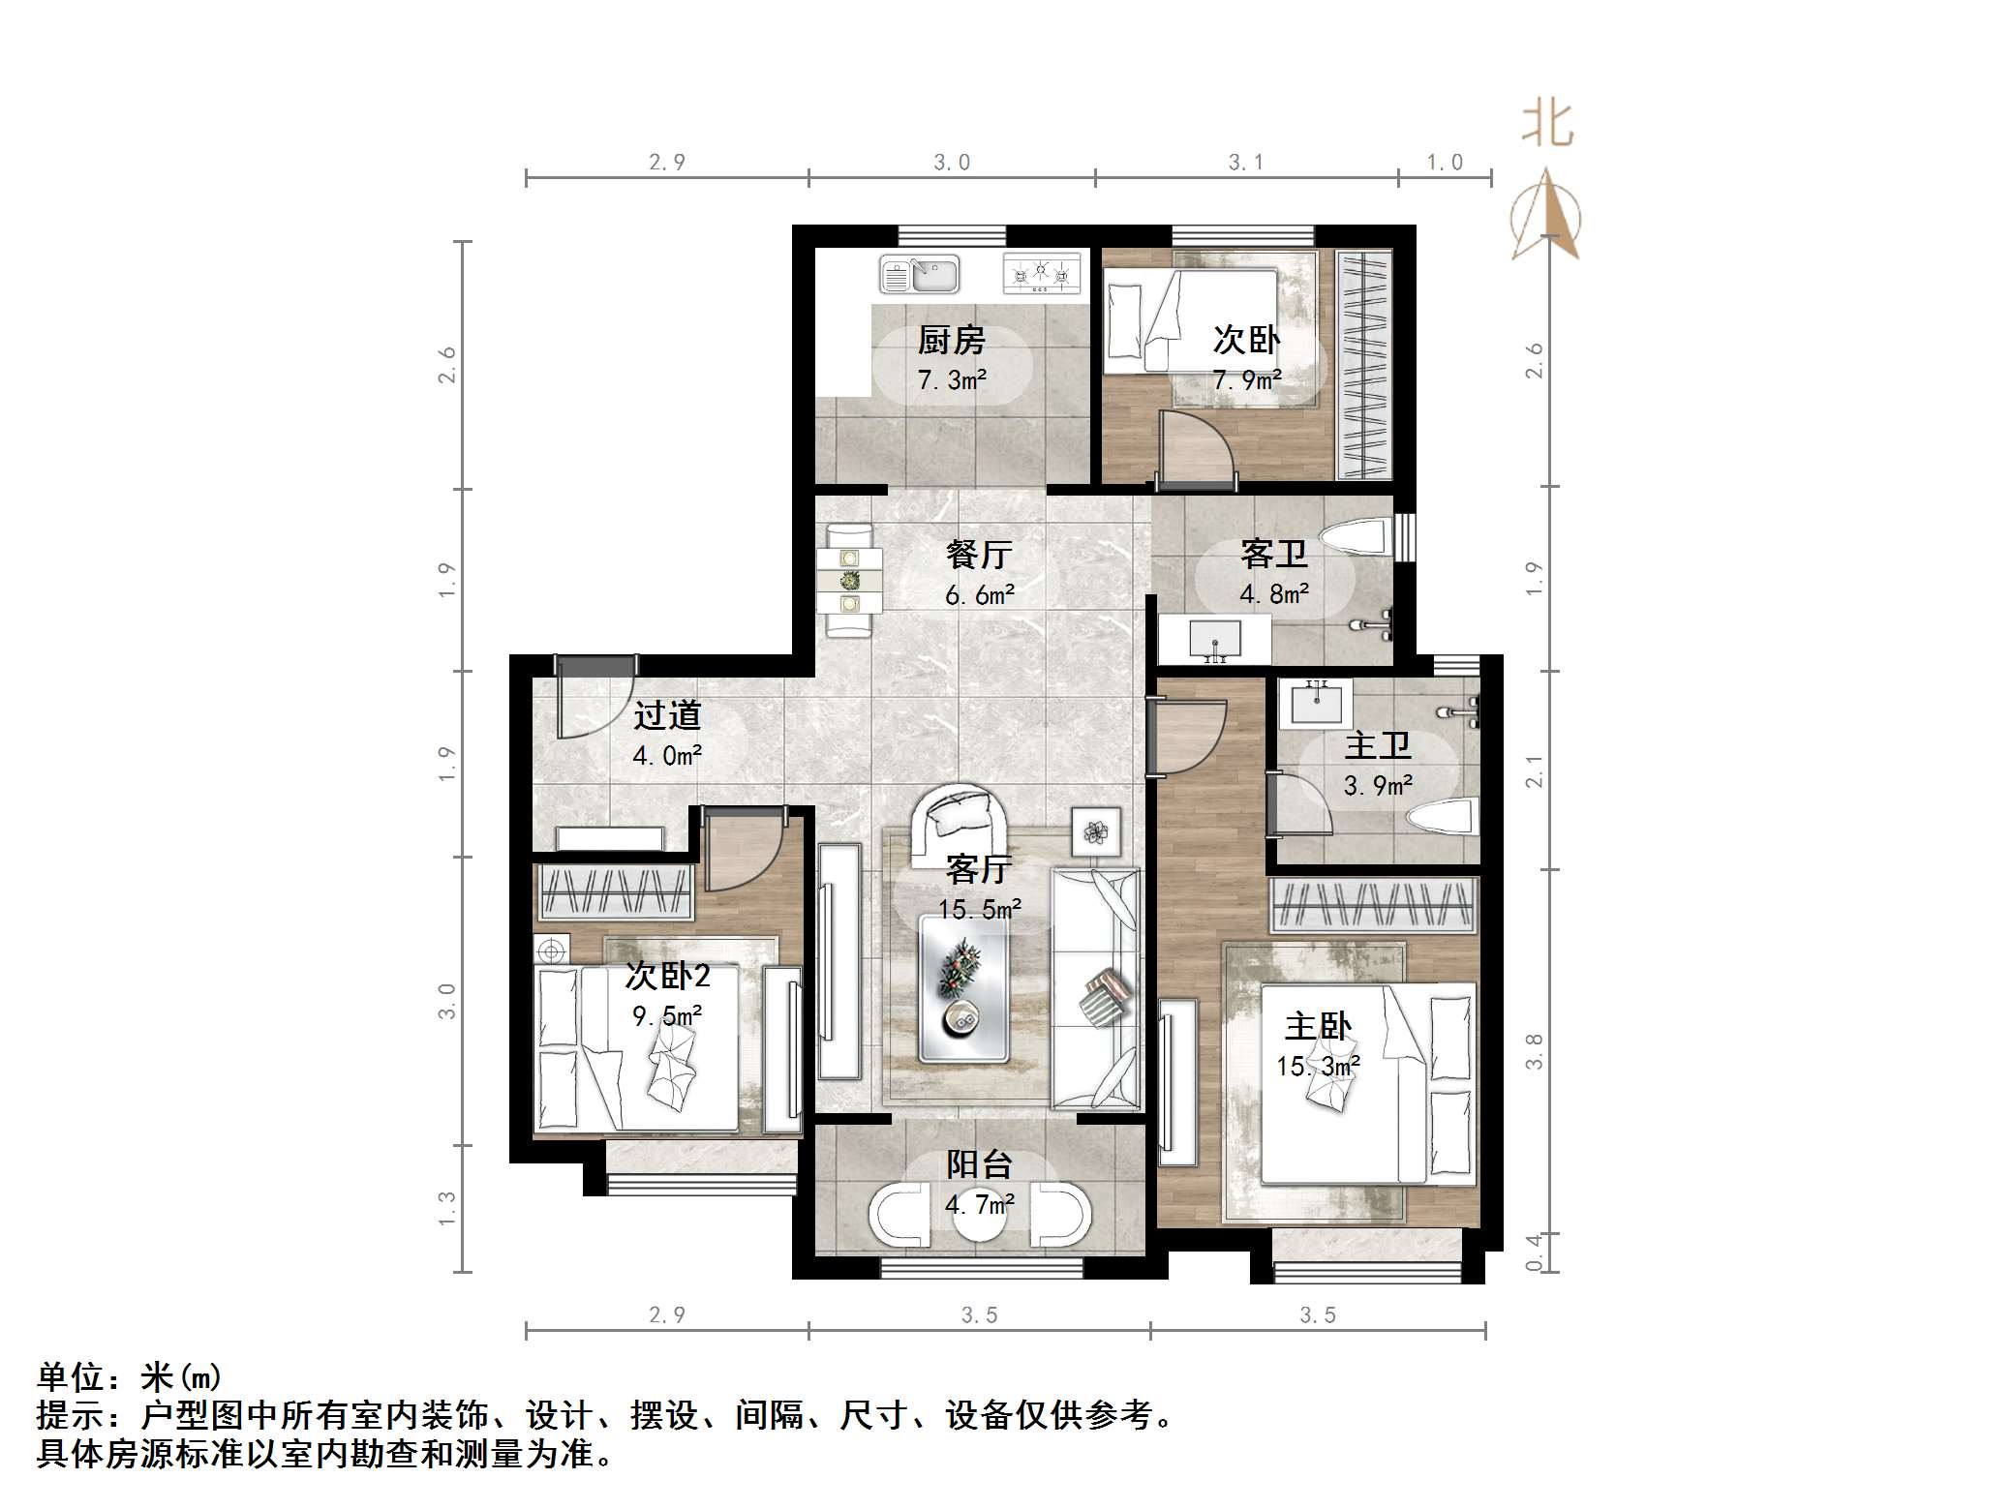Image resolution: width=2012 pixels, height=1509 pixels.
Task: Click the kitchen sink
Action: [919, 274]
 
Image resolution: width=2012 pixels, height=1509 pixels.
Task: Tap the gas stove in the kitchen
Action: [1042, 273]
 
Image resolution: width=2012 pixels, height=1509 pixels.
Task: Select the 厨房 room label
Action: [951, 341]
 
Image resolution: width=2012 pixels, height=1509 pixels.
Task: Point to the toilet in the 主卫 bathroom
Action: [1444, 817]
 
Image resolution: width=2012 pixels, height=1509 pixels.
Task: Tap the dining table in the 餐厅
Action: [850, 581]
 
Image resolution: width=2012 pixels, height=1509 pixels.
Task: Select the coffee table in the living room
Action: [965, 988]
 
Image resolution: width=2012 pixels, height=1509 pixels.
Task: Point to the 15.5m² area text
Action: [980, 909]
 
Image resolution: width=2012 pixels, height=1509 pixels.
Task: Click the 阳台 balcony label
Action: [980, 1164]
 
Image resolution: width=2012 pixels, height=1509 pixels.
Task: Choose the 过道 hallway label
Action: [667, 716]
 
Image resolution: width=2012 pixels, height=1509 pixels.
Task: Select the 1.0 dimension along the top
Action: [1445, 163]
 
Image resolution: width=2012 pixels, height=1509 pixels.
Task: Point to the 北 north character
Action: [1547, 125]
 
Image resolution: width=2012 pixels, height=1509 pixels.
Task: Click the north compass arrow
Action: [1546, 214]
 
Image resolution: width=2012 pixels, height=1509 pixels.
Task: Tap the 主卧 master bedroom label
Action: [1318, 1027]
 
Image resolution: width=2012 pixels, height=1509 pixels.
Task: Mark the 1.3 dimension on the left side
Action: [446, 1209]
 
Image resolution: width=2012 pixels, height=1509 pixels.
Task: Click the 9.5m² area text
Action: [667, 1015]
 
